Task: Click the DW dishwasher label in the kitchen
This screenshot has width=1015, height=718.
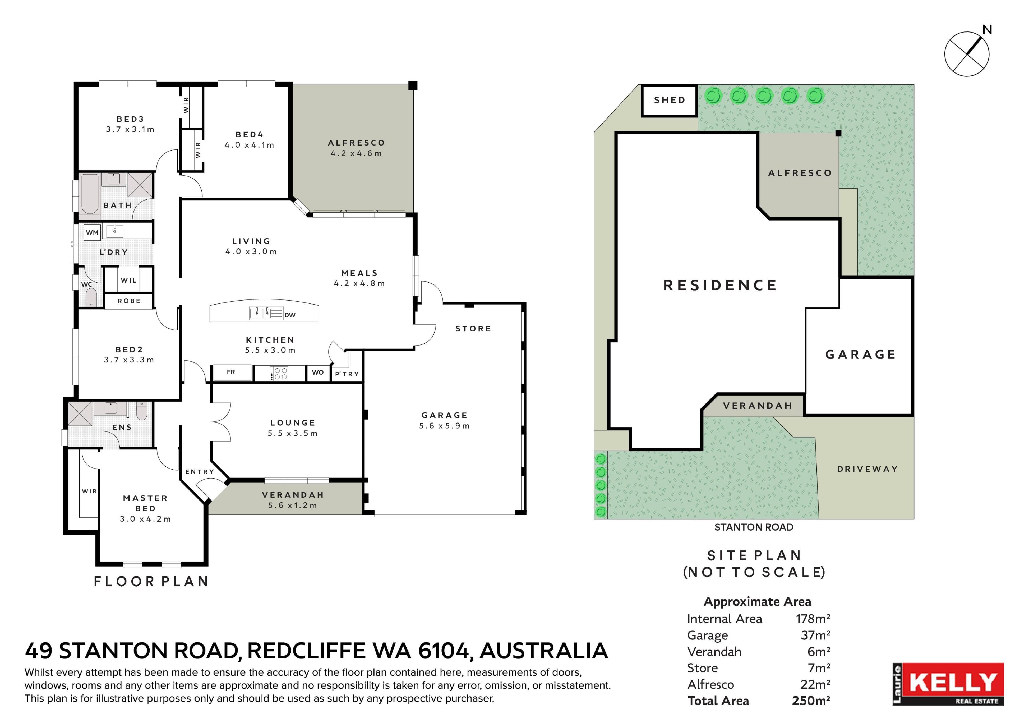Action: pyautogui.click(x=290, y=315)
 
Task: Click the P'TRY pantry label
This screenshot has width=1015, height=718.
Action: pyautogui.click(x=347, y=374)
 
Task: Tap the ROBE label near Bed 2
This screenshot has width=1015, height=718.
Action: pyautogui.click(x=129, y=301)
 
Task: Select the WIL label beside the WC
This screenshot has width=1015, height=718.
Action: pyautogui.click(x=129, y=280)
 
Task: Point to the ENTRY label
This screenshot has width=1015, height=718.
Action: pyautogui.click(x=199, y=472)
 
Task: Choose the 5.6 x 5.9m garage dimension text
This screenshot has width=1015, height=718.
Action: pyautogui.click(x=444, y=426)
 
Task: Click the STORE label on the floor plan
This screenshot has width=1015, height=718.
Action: pyautogui.click(x=473, y=329)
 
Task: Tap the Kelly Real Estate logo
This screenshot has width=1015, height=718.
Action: pyautogui.click(x=948, y=684)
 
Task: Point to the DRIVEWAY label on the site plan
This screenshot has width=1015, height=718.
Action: pyautogui.click(x=867, y=469)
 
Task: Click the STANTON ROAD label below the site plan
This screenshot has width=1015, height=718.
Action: pyautogui.click(x=754, y=527)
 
